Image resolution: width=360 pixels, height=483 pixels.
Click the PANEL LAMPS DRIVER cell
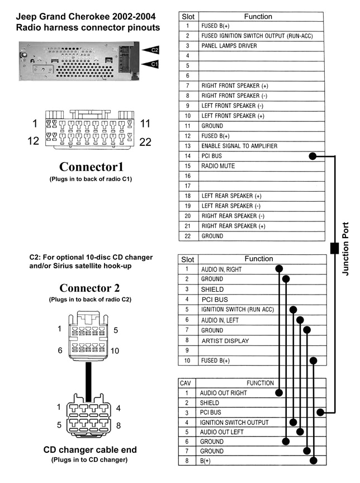[x=229, y=46]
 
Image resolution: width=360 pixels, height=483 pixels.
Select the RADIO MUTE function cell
[x=218, y=166]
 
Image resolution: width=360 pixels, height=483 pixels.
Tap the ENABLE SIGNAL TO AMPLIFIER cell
[x=239, y=146]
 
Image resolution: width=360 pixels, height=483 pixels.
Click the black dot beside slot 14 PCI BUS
[x=313, y=157]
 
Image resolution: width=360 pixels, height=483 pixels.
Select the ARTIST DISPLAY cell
[x=225, y=340]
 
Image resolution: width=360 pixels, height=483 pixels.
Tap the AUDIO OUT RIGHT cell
[x=223, y=393]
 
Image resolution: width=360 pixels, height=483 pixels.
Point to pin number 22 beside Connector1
[x=145, y=142]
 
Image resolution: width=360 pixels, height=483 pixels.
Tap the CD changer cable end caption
[x=90, y=449]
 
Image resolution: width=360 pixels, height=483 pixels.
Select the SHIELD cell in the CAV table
[x=210, y=402]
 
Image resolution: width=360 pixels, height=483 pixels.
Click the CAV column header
[x=185, y=383]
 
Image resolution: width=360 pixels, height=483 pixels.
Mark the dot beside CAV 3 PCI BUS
[x=320, y=413]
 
